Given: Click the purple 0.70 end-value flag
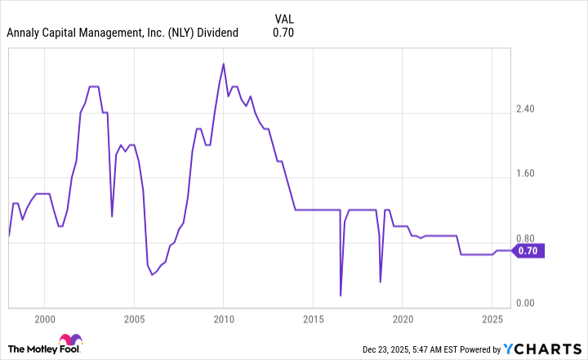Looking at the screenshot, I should coord(528,251).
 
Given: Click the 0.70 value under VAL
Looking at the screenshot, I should coord(283,33).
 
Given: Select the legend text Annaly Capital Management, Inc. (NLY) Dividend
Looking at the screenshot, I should coord(122,33).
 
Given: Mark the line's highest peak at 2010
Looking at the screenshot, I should coord(224,64).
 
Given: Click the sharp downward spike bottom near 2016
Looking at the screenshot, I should coord(341,295).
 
